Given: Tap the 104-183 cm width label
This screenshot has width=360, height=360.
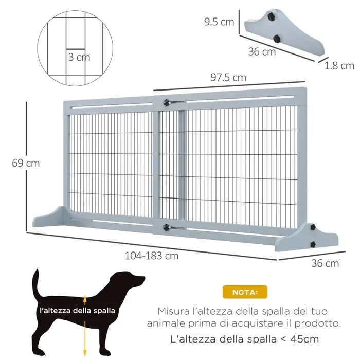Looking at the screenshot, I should point(151,256).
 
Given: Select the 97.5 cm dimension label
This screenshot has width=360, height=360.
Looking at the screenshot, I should point(228,78).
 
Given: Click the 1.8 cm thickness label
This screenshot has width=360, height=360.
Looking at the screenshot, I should point(339,65).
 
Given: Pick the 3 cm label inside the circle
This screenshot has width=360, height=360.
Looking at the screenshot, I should point(79,57).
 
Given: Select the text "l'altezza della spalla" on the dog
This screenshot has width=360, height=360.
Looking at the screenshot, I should point(77,311).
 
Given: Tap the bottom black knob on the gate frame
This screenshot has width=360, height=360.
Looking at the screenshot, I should point(166,226).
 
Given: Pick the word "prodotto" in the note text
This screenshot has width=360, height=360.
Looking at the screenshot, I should point(320,324).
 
